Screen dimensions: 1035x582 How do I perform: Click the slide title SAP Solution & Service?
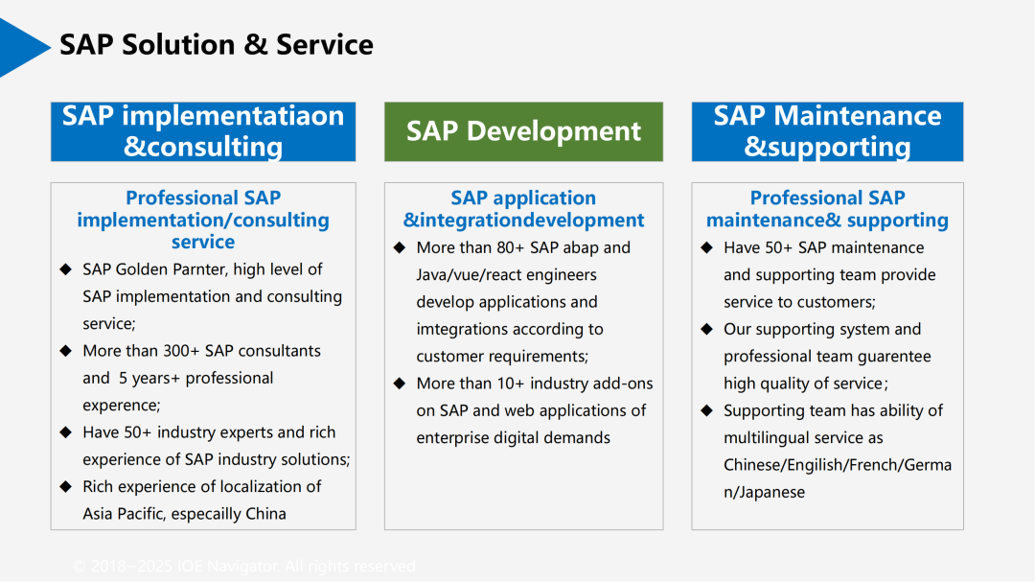[216, 45]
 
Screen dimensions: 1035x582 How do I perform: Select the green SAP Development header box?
[523, 131]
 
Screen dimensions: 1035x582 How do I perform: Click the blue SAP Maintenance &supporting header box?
[827, 131]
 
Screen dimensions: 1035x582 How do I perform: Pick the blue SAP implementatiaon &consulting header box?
[202, 131]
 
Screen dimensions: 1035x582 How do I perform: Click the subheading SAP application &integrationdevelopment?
[523, 209]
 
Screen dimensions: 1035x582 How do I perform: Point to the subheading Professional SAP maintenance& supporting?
[827, 209]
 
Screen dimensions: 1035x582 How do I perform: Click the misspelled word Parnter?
[203, 269]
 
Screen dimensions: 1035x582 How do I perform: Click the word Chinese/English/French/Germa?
[838, 465]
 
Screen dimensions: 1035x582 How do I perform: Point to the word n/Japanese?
[764, 492]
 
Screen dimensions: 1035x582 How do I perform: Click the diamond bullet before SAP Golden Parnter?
[65, 269]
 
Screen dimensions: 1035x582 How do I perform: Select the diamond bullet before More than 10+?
[400, 384]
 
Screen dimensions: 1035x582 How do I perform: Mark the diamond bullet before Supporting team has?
[706, 410]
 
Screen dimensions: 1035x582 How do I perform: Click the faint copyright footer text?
[244, 567]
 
